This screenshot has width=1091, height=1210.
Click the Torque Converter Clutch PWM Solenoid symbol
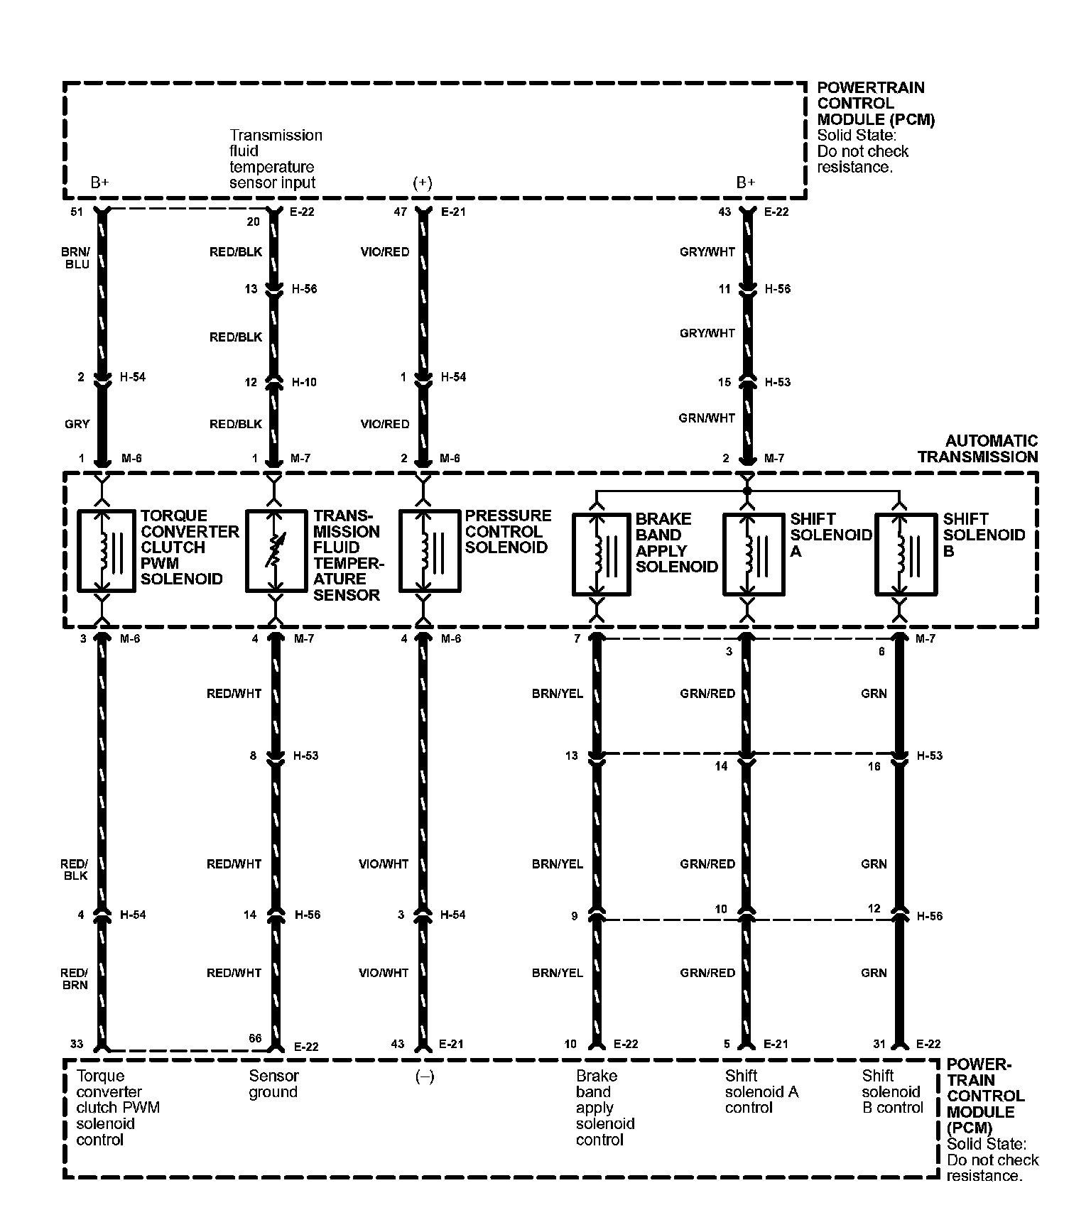pyautogui.click(x=106, y=550)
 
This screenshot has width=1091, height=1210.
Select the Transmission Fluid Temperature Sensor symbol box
pyautogui.click(x=276, y=550)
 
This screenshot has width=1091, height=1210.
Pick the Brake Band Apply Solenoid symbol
pyautogui.click(x=601, y=555)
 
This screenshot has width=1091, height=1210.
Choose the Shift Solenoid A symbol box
pyautogui.click(x=753, y=555)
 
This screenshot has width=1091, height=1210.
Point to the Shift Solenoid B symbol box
pyautogui.click(x=905, y=555)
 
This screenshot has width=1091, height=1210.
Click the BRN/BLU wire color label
pyautogui.click(x=77, y=258)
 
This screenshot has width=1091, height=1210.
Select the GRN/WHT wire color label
pyautogui.click(x=707, y=418)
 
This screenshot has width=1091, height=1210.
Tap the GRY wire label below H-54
pyautogui.click(x=77, y=424)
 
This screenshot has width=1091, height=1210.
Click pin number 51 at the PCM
pyautogui.click(x=77, y=212)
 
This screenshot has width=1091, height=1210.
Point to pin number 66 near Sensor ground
pyautogui.click(x=255, y=1038)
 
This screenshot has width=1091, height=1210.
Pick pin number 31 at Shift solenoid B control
pyautogui.click(x=879, y=1044)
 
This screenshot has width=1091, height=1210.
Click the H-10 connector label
pyautogui.click(x=304, y=382)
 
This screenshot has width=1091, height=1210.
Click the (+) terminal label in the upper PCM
pyautogui.click(x=422, y=182)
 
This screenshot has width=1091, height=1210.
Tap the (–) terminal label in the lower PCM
pyautogui.click(x=424, y=1077)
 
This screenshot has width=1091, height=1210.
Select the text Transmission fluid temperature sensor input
pyautogui.click(x=276, y=158)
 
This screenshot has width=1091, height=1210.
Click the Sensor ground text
pyautogui.click(x=273, y=1084)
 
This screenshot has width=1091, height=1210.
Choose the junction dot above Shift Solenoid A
pyautogui.click(x=746, y=491)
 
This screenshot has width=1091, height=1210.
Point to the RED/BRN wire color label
pyautogui.click(x=75, y=979)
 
